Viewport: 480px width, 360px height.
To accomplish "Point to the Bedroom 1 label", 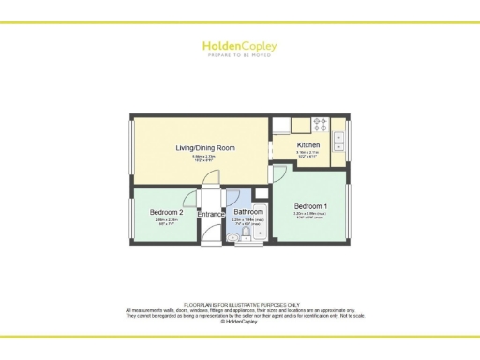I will click(x=310, y=206).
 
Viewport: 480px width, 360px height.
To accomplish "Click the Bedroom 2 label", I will click(x=166, y=213).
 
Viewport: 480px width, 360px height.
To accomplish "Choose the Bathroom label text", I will click(x=248, y=213).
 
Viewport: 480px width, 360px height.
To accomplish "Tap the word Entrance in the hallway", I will click(x=212, y=215).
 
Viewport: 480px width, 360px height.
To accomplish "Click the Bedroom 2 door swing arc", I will click(x=190, y=199).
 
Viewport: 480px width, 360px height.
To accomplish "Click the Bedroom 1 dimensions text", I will click(x=310, y=216).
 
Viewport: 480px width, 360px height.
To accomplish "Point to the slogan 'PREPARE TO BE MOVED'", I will click(x=239, y=55).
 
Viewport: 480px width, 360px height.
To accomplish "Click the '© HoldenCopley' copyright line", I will click(x=239, y=321).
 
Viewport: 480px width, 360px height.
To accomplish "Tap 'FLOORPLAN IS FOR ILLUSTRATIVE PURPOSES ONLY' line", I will click(x=239, y=305).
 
